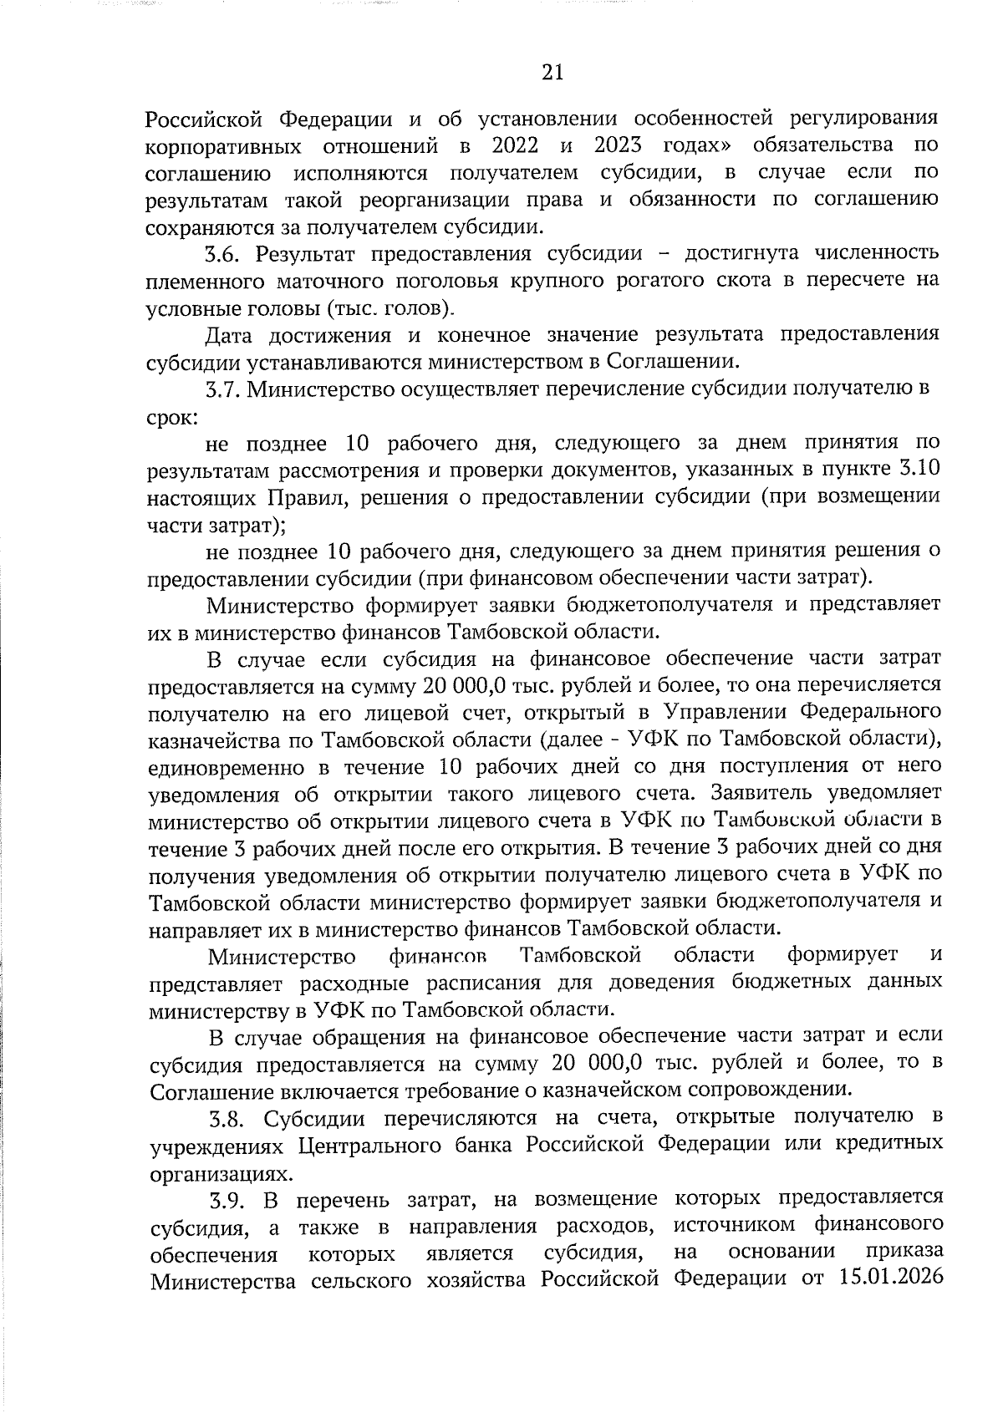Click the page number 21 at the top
pyautogui.click(x=552, y=74)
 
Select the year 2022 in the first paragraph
pyautogui.click(x=515, y=145)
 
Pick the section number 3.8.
pyautogui.click(x=230, y=1118)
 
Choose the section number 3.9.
pyautogui.click(x=230, y=1201)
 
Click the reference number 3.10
pyautogui.click(x=919, y=470)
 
